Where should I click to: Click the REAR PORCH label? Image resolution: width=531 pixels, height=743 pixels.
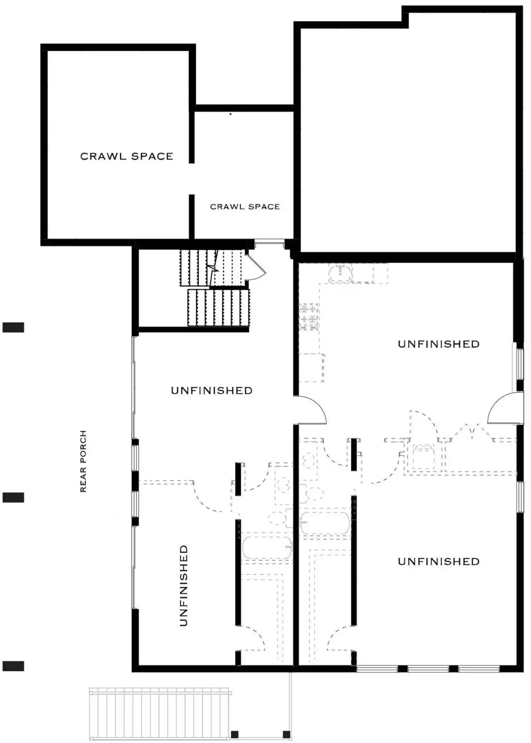point(83,461)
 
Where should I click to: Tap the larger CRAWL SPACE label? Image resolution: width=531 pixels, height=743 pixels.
point(127,156)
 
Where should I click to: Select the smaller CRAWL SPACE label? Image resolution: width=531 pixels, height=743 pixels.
point(245,207)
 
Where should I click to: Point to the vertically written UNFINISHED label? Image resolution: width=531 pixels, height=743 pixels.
point(184,585)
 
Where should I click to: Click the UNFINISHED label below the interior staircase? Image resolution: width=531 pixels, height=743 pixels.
point(212,391)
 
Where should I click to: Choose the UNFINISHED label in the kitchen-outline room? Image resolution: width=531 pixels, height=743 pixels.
point(439,344)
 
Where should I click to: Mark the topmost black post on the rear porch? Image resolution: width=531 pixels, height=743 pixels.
point(13,327)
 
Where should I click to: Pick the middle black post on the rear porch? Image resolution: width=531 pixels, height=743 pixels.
point(13,497)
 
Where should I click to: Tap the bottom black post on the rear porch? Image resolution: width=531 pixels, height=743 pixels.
point(13,666)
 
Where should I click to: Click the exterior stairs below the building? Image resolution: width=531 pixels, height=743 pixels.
point(159,713)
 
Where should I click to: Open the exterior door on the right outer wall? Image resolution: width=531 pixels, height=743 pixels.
point(502,408)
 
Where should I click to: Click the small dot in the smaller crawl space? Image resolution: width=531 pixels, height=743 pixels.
point(231,114)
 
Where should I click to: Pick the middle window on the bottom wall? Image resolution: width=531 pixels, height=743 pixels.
point(428,669)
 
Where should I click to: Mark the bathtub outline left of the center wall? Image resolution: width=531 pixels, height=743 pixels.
point(267,548)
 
